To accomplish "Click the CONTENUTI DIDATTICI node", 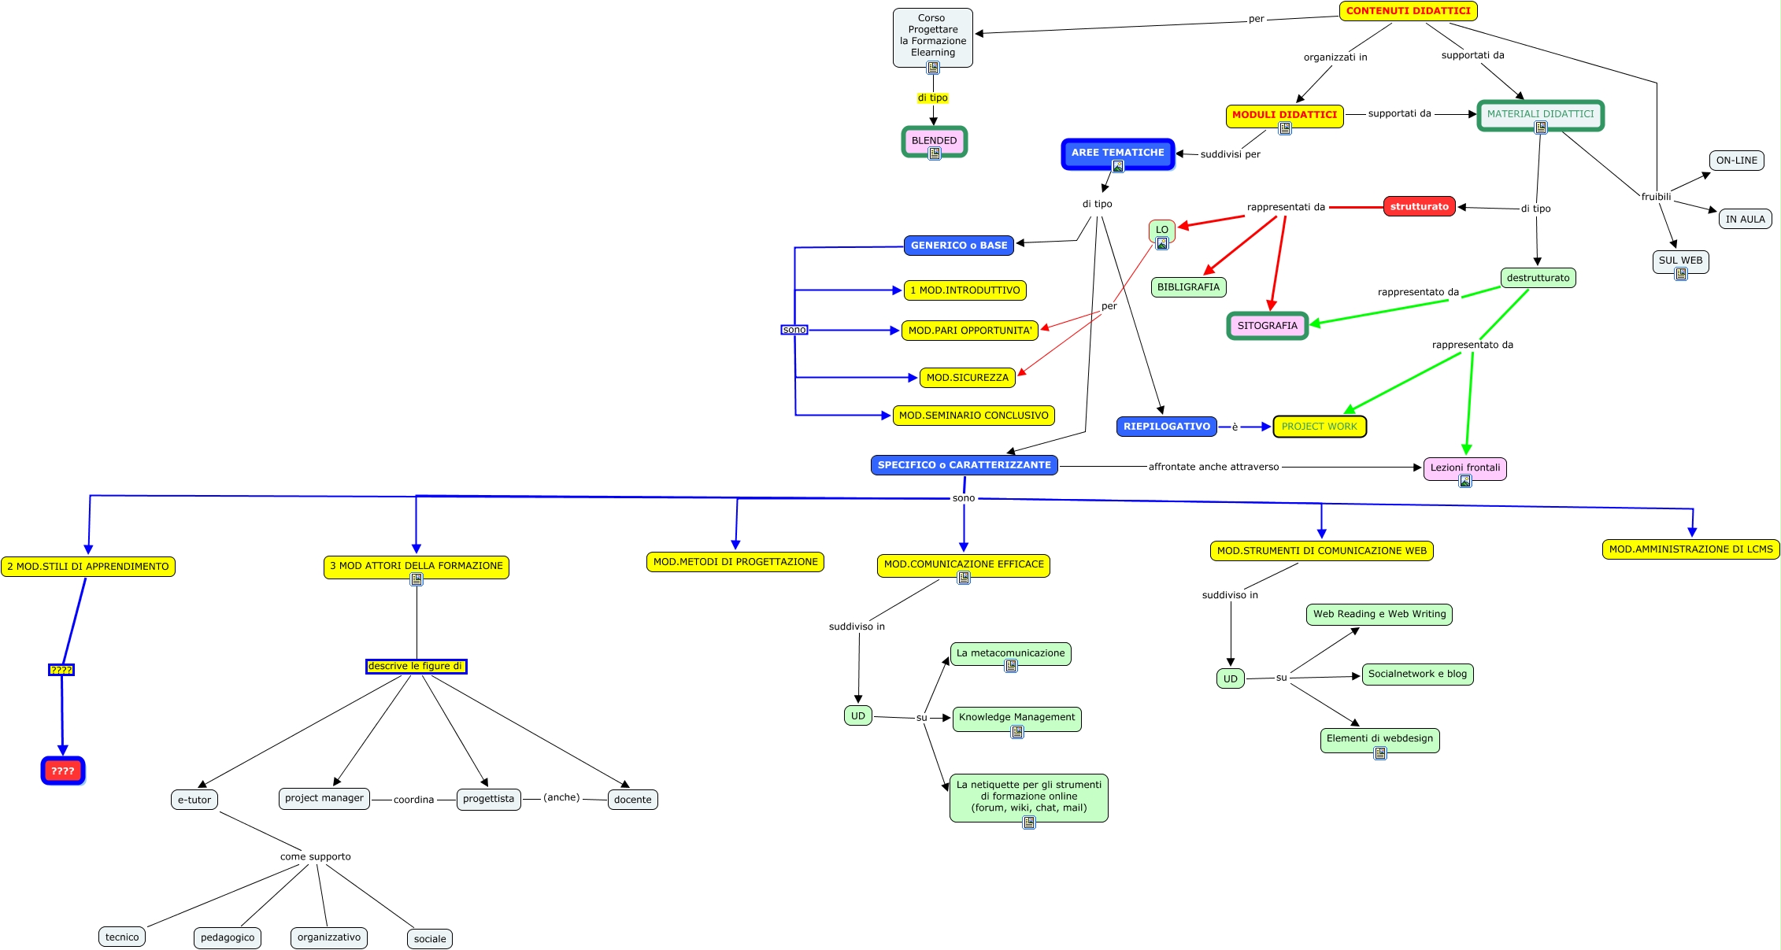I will tap(1408, 11).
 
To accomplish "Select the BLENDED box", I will tap(934, 140).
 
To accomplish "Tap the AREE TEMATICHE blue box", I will tap(1117, 153).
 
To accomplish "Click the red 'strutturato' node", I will tap(1419, 206).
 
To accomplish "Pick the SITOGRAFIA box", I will tap(1267, 325).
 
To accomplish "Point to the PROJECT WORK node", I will tap(1319, 427).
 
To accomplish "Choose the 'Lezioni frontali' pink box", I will tap(1464, 468).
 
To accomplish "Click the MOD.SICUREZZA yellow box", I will tap(967, 378).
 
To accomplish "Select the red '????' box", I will tap(63, 771).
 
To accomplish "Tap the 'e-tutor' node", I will tap(194, 800).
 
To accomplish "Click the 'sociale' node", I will tap(430, 938).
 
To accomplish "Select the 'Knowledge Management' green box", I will tap(1016, 717).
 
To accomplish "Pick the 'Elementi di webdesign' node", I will tap(1379, 738).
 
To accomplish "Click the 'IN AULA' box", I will tap(1745, 219).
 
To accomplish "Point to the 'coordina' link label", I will tap(413, 800).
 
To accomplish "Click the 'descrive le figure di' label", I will tap(416, 666).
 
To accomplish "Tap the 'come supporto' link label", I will tap(315, 856).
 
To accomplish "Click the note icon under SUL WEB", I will tap(1681, 274).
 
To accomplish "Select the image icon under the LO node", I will tap(1162, 243).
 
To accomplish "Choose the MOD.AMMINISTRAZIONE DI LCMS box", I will tap(1690, 549).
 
